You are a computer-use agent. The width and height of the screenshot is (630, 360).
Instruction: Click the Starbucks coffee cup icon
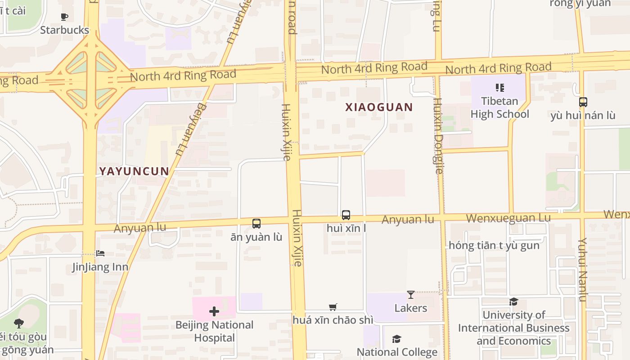pos(64,17)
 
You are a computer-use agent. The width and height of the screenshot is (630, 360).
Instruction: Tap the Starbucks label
pos(64,30)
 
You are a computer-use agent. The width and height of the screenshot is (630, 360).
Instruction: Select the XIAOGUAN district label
pos(379,107)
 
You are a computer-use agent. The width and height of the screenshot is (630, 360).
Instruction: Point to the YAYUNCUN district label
pos(134,171)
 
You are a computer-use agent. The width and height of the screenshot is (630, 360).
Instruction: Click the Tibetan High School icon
pos(499,88)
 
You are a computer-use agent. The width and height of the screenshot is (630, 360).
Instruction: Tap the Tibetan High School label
pos(499,108)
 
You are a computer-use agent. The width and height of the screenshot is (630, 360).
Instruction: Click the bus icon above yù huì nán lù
pos(583,102)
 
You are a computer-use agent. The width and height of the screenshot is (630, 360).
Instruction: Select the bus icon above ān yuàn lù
pos(256,223)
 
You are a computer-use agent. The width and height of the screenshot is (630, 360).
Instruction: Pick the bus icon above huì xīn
pos(346,215)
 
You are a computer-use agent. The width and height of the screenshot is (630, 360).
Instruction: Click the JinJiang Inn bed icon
pos(100,253)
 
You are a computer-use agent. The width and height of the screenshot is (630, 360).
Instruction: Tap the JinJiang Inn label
pos(100,267)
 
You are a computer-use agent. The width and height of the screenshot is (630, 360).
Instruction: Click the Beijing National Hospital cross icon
pos(214,311)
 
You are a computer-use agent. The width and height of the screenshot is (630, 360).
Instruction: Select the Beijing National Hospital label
pos(214,331)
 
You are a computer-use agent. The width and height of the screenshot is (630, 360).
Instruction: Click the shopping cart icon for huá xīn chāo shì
pos(333,307)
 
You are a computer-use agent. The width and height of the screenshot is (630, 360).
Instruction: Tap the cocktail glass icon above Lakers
pos(410,295)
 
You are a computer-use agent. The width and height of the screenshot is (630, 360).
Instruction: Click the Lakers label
pos(410,308)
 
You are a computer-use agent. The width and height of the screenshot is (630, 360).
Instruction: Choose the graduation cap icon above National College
pos(396,339)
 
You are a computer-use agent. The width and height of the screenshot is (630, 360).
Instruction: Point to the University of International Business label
pos(513,328)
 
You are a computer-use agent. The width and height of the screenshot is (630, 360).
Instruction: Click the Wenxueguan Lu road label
pos(508,218)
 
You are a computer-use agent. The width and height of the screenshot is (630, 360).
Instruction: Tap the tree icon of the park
pos(19,323)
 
